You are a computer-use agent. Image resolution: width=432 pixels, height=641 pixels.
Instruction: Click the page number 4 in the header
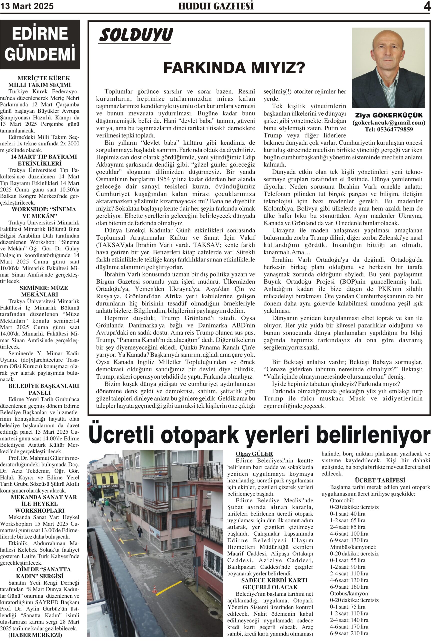[x=427, y=6]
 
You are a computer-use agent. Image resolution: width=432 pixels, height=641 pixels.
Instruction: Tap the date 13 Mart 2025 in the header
[x=27, y=6]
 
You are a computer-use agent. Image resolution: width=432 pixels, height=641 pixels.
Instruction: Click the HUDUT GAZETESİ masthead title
[x=216, y=6]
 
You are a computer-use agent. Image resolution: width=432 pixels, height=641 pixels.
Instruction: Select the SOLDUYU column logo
[x=136, y=35]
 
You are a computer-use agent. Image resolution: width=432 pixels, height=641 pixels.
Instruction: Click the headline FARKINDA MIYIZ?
[x=234, y=68]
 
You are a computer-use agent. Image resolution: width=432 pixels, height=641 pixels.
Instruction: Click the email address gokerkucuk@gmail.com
[x=389, y=123]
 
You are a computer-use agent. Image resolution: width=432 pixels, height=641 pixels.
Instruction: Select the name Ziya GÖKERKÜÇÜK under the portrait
[x=389, y=115]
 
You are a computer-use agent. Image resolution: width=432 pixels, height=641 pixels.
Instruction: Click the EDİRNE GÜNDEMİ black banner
[x=40, y=44]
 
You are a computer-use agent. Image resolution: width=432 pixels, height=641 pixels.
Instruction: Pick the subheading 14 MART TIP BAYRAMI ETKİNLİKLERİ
[x=40, y=160]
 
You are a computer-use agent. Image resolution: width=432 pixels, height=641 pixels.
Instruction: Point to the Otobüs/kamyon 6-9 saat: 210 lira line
[x=349, y=633]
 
